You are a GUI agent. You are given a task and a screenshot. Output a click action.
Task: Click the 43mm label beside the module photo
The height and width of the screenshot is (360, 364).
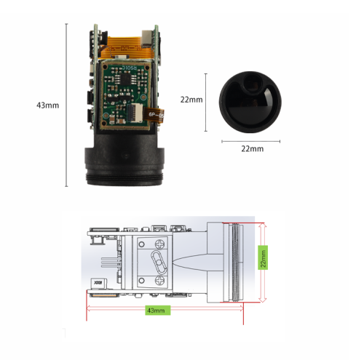47,105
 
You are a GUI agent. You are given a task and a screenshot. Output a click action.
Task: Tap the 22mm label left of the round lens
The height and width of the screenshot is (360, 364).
191,100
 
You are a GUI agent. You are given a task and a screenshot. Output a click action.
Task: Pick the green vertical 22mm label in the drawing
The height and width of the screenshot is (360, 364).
264,256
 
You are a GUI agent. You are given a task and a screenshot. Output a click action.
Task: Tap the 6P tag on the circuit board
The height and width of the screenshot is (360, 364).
155,114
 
